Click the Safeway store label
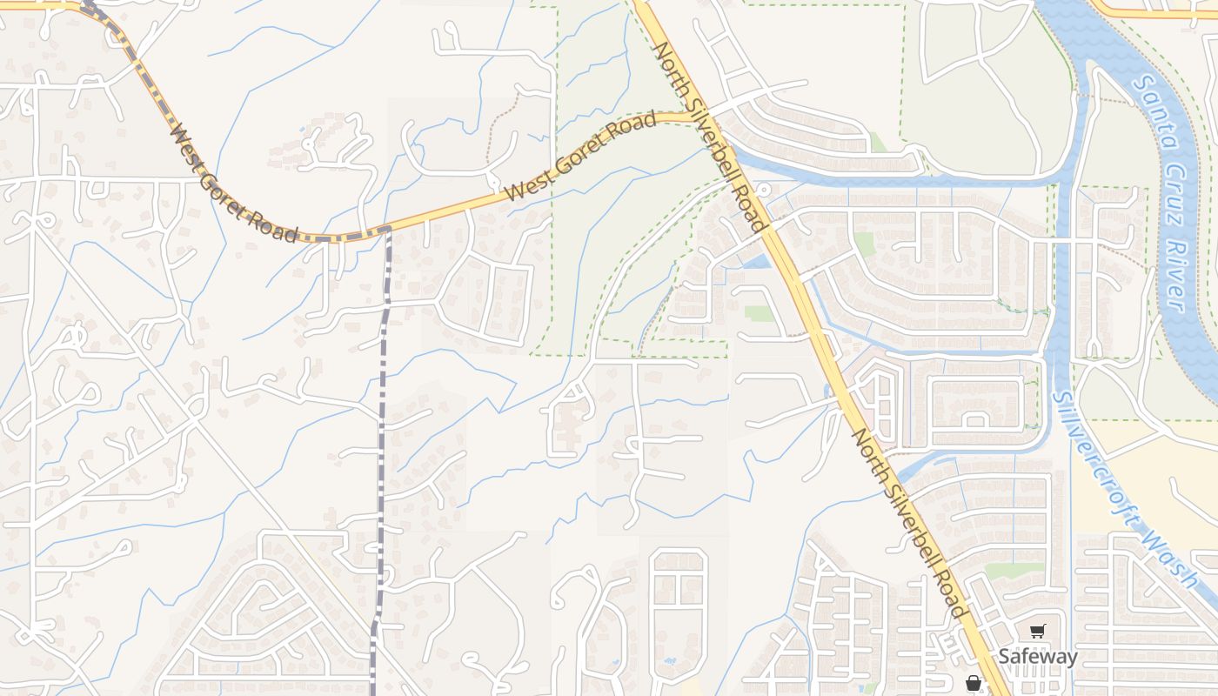coord(1037,657)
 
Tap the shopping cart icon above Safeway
coord(1037,632)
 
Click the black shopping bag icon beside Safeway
coord(974,683)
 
